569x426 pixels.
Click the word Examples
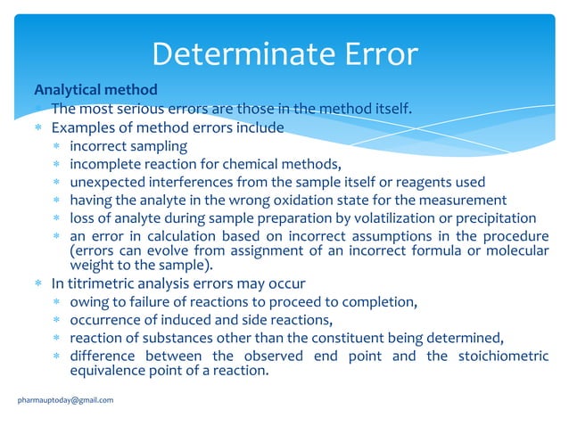click(83, 127)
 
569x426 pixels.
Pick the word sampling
click(159, 146)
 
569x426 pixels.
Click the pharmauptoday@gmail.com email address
click(65, 400)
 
